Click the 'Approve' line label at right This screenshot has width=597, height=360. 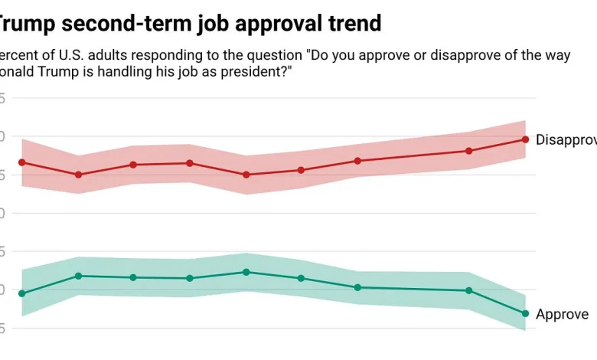pos(562,314)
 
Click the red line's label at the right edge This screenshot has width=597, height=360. pos(566,139)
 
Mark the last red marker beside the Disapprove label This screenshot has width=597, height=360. pos(525,139)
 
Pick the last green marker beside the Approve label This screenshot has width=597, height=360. pos(525,313)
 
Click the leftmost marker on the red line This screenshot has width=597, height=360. pos(21,162)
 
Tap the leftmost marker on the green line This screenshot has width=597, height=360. pos(21,293)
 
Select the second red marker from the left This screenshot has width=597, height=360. pos(78,175)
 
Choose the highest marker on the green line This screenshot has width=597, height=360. pos(246,272)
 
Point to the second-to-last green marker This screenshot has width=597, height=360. pos(468,290)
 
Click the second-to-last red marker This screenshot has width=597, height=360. pos(468,151)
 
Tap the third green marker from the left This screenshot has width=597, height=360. pos(134,277)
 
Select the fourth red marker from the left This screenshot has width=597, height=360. pos(190,163)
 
